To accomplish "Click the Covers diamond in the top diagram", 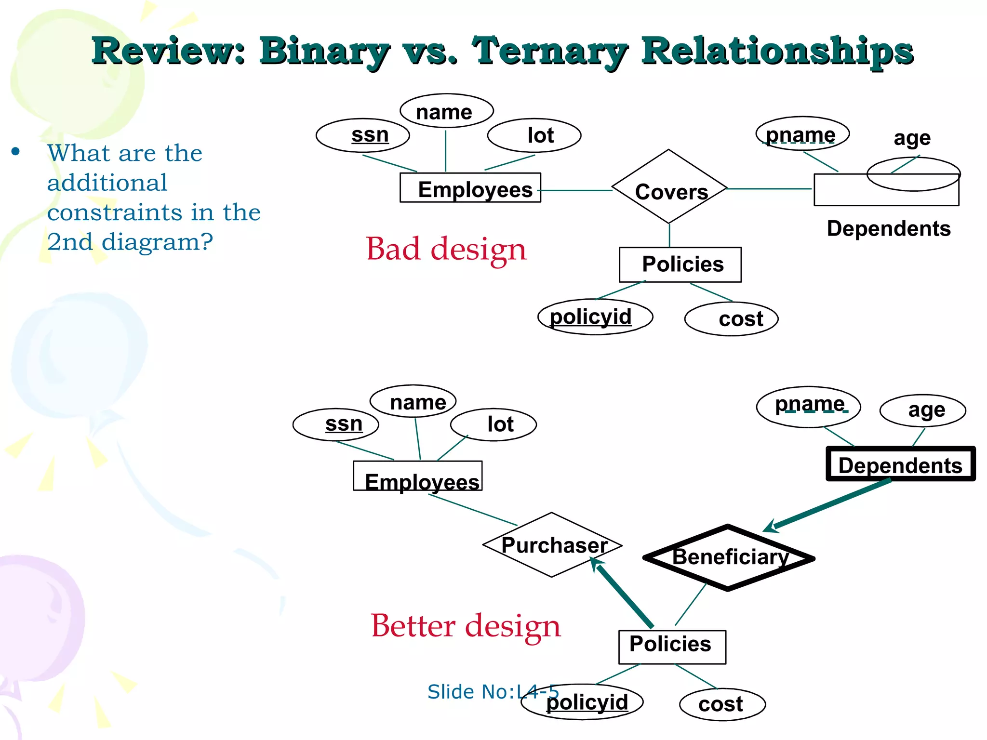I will [669, 188].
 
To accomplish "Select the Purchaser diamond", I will [552, 545].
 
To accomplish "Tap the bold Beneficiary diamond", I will [728, 558].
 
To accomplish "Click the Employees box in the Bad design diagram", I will [470, 188].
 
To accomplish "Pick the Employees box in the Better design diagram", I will [418, 476].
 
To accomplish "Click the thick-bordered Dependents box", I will [900, 464].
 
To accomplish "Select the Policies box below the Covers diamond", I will [680, 264].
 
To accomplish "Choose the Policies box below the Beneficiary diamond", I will [672, 647].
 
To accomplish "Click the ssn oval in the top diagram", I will [363, 135].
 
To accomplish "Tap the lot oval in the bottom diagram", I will [493, 424].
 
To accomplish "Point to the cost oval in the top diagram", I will [731, 319].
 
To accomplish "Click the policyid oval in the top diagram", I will [595, 317].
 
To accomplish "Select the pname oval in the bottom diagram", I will [808, 406].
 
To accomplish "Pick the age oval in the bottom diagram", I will [922, 410].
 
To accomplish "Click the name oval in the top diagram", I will [446, 111].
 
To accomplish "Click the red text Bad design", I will [446, 249].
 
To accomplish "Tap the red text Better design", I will [466, 626].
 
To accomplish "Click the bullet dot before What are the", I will [16, 152].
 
